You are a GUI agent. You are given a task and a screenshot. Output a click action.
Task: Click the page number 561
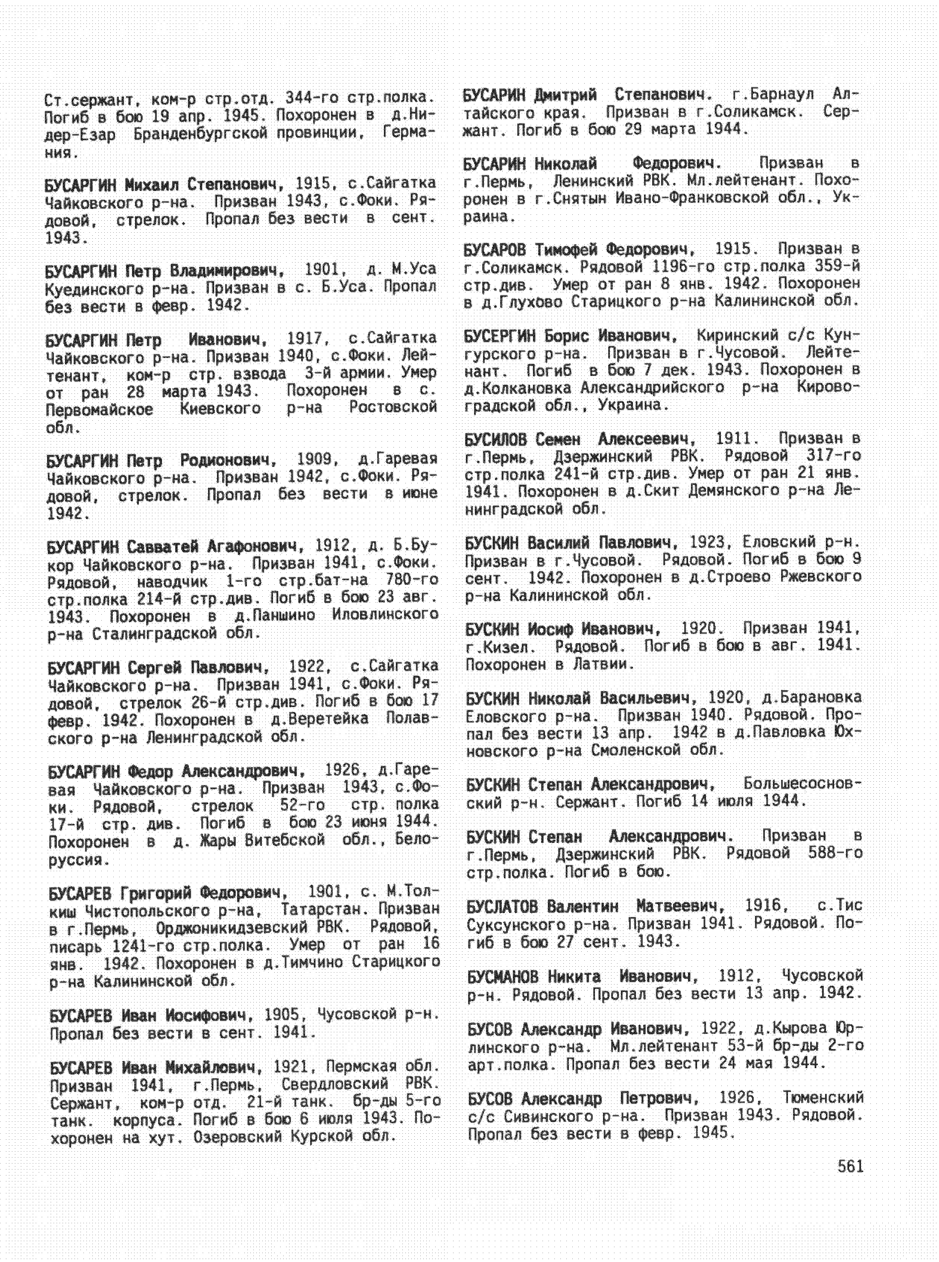[850, 1167]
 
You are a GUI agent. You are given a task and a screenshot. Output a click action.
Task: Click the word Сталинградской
[154, 633]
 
